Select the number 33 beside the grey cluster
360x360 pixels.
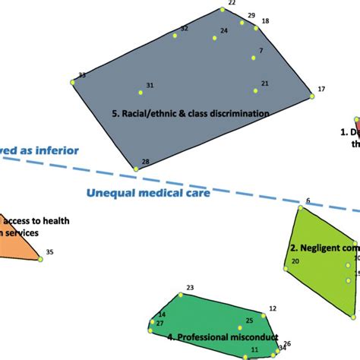(82, 75)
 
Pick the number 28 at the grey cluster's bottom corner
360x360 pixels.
(145, 162)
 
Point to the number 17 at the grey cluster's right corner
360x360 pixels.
(321, 89)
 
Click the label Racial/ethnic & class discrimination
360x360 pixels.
(190, 114)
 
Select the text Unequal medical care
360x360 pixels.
(147, 193)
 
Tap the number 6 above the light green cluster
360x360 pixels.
(308, 201)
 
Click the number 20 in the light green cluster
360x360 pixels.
(295, 261)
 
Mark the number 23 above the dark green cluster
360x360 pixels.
(190, 287)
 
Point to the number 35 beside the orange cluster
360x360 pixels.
(49, 252)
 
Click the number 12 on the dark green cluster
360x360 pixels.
(273, 309)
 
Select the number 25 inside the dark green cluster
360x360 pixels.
(249, 321)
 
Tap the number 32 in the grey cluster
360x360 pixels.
(184, 29)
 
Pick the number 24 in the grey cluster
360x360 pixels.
(224, 31)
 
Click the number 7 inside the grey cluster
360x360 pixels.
(261, 51)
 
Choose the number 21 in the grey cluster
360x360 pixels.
(264, 84)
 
